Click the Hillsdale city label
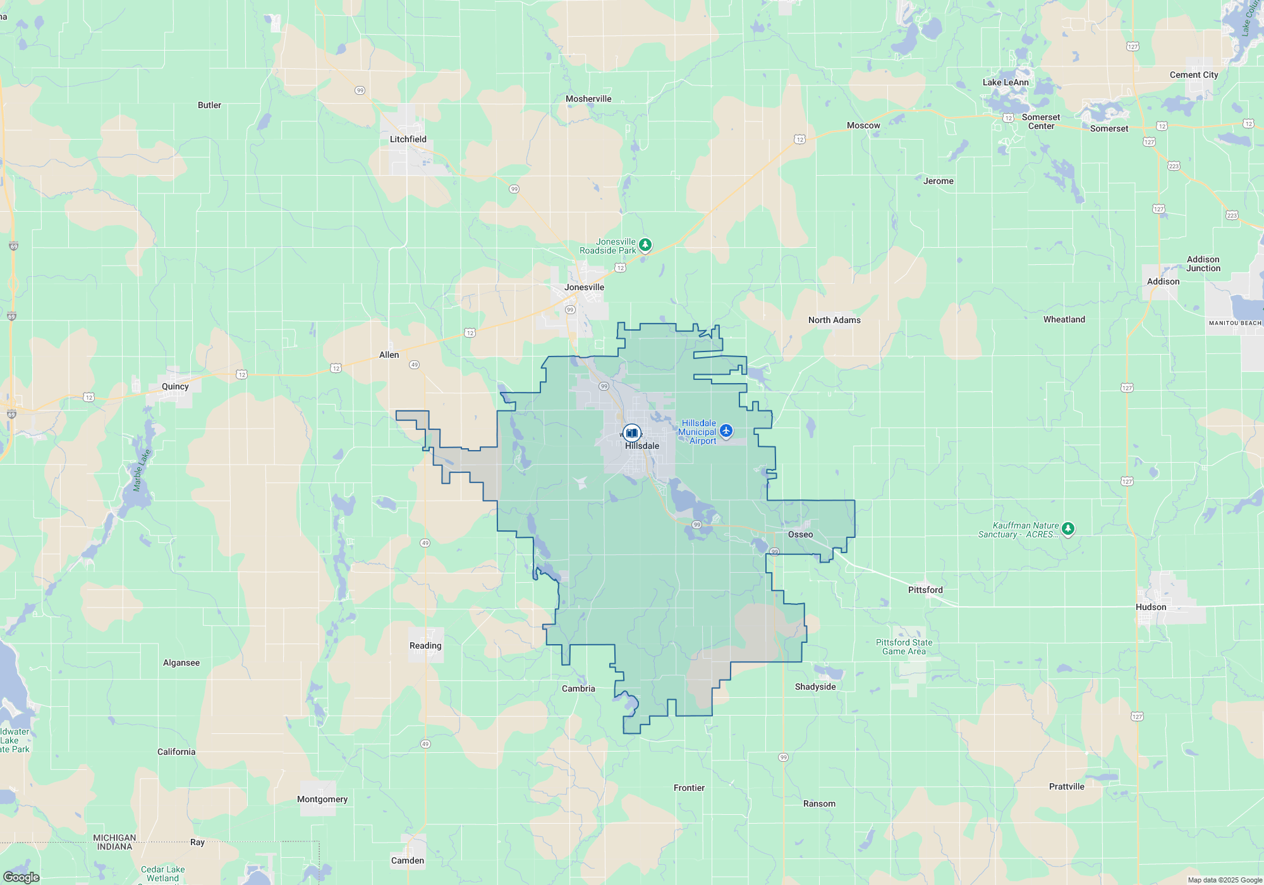[641, 446]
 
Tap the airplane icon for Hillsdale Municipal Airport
[726, 431]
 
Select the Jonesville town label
[584, 287]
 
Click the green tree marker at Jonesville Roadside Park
[645, 245]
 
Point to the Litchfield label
[408, 139]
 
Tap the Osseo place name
[800, 534]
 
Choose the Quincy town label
[175, 386]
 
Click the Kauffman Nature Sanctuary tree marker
[1068, 528]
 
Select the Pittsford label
[925, 590]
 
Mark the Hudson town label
[1151, 607]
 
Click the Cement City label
[1194, 75]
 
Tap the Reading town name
[425, 645]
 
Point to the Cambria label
[578, 688]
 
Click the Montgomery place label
[322, 799]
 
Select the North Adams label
[834, 320]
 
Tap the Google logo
[21, 877]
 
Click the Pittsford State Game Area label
[904, 647]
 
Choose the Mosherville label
[588, 99]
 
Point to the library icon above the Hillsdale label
[631, 432]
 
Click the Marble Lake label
[142, 470]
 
